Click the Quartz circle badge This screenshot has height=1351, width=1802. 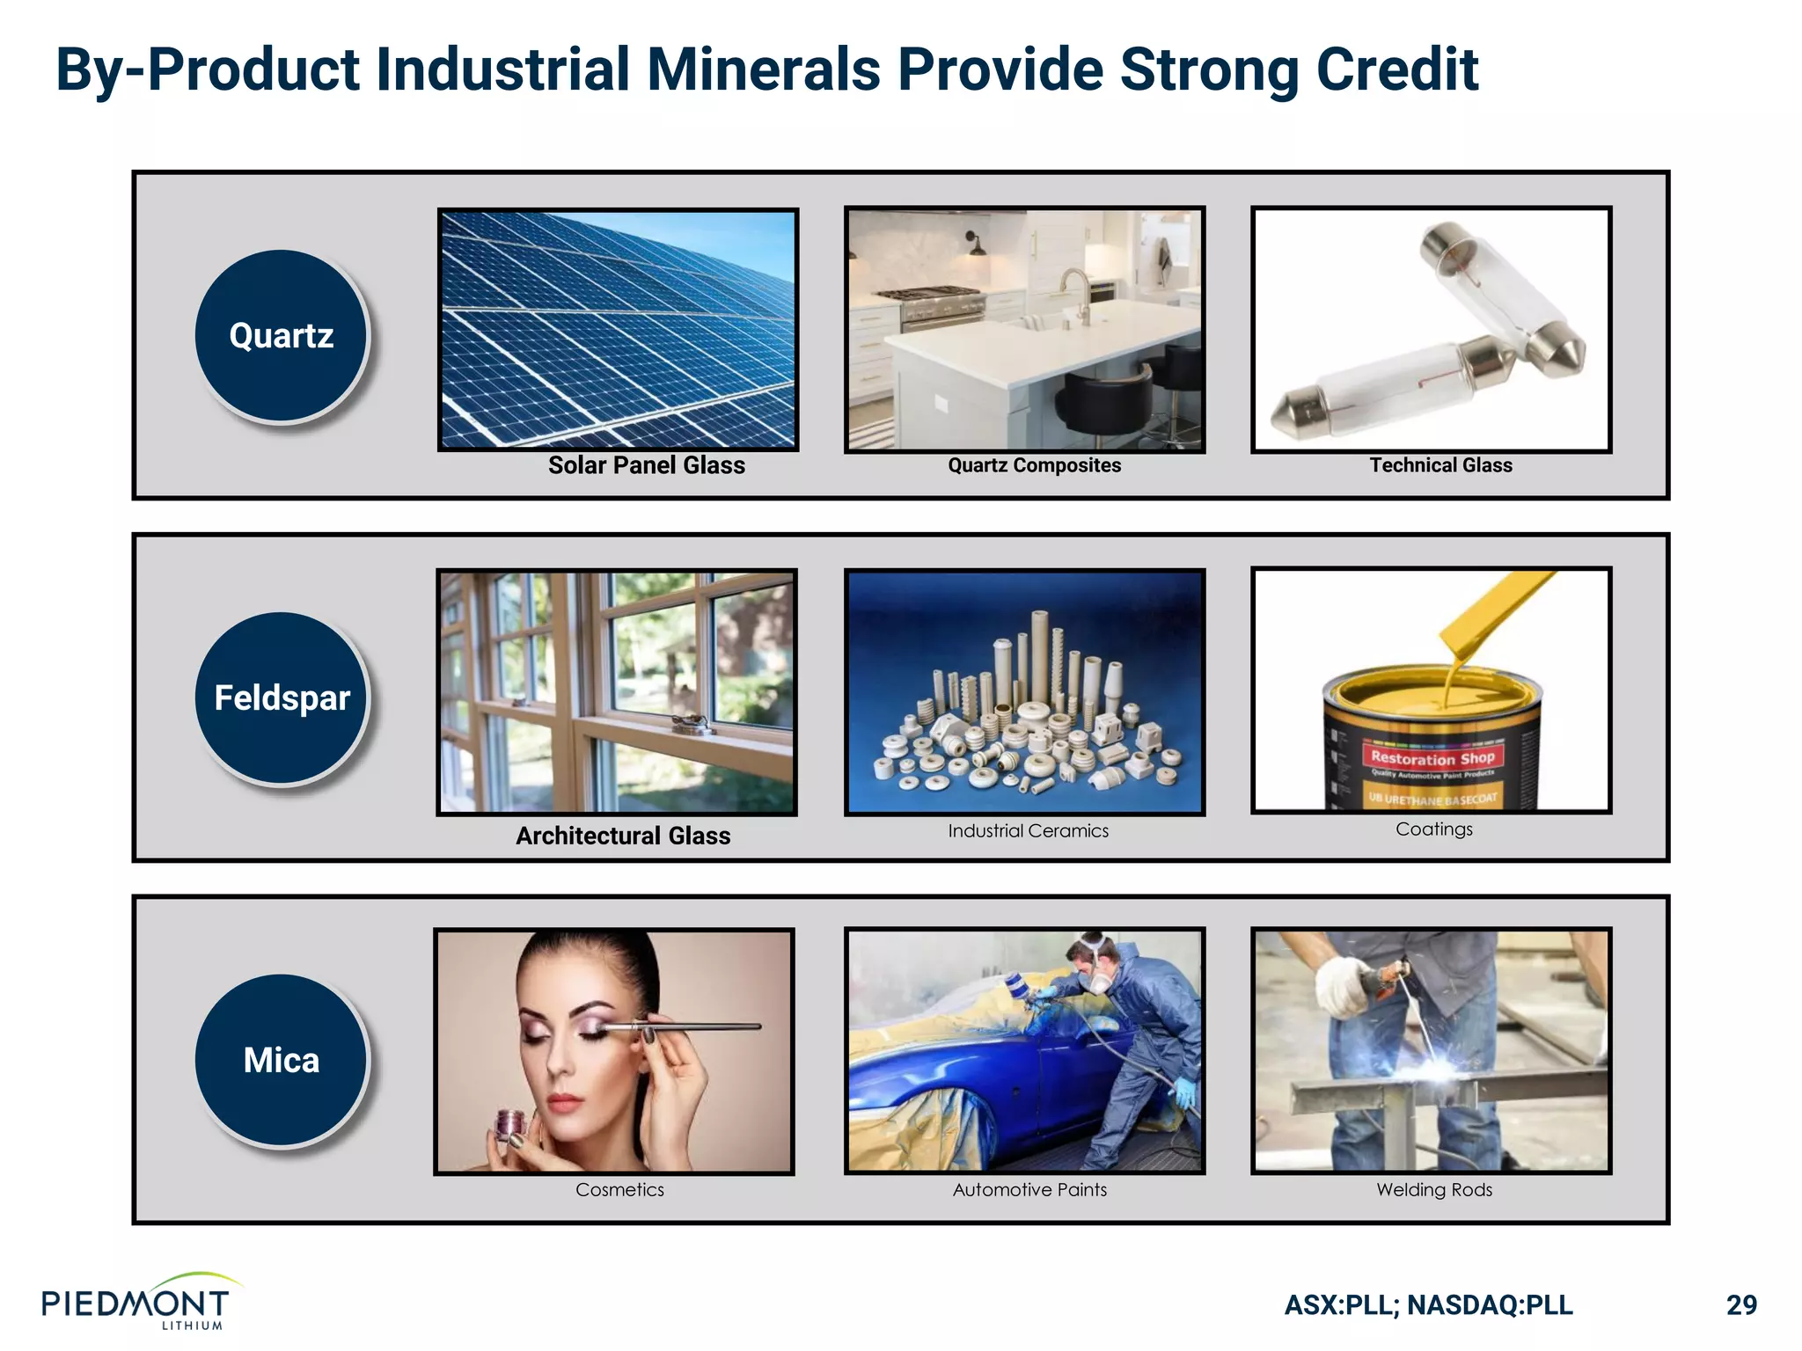click(281, 335)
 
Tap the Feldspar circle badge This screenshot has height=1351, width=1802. click(281, 697)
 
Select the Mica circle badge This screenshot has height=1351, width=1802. click(281, 1060)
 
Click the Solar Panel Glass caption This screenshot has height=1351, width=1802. click(646, 465)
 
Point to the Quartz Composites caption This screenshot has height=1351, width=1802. click(1034, 465)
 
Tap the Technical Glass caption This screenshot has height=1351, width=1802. click(1440, 465)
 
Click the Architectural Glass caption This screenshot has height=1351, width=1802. click(623, 836)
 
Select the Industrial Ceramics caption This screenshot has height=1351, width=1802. click(1028, 830)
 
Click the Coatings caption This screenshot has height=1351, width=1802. click(1433, 829)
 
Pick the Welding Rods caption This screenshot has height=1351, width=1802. click(1434, 1190)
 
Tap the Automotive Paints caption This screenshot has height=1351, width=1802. click(1029, 1190)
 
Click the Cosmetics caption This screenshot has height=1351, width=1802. click(619, 1190)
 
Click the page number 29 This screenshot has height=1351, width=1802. click(1741, 1305)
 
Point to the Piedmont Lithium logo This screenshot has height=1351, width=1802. click(136, 1303)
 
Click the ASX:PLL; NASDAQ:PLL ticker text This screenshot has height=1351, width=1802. click(1428, 1305)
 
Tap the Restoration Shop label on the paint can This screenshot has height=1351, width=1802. click(1432, 757)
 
